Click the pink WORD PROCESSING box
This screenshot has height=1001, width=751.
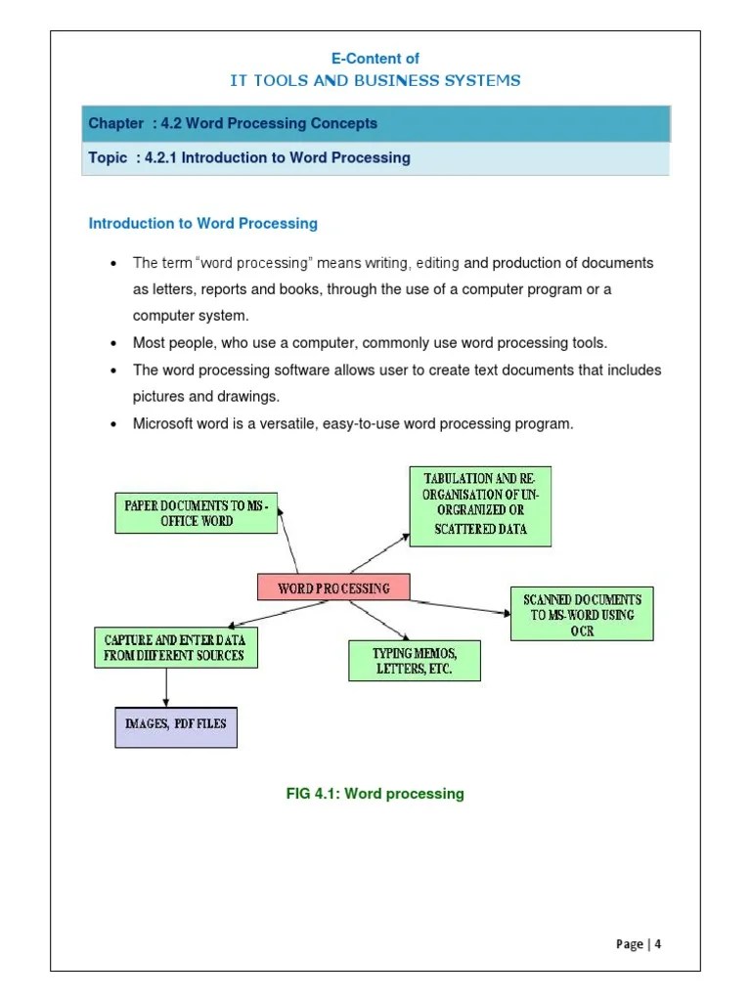tap(333, 588)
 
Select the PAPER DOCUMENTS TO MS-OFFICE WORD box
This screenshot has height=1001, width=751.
tap(196, 513)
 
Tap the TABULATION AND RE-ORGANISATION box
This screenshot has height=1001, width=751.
tap(479, 506)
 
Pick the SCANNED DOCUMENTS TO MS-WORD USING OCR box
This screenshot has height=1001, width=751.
tap(582, 614)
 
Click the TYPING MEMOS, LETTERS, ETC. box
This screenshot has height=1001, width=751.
tap(415, 661)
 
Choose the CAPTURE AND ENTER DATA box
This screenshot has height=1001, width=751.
tap(176, 647)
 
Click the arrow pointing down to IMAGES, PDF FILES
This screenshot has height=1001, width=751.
tap(167, 687)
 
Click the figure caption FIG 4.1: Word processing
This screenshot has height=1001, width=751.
tap(375, 794)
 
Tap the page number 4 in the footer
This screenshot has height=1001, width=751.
tap(658, 943)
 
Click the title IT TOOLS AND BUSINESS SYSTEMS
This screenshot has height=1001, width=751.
tap(375, 80)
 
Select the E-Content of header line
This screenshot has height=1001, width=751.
tap(375, 59)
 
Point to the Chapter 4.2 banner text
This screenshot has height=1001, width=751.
tap(233, 123)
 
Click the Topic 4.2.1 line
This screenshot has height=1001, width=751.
tap(249, 157)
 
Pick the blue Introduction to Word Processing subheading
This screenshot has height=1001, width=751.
tap(203, 224)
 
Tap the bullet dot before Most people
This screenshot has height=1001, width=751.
tap(113, 344)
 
